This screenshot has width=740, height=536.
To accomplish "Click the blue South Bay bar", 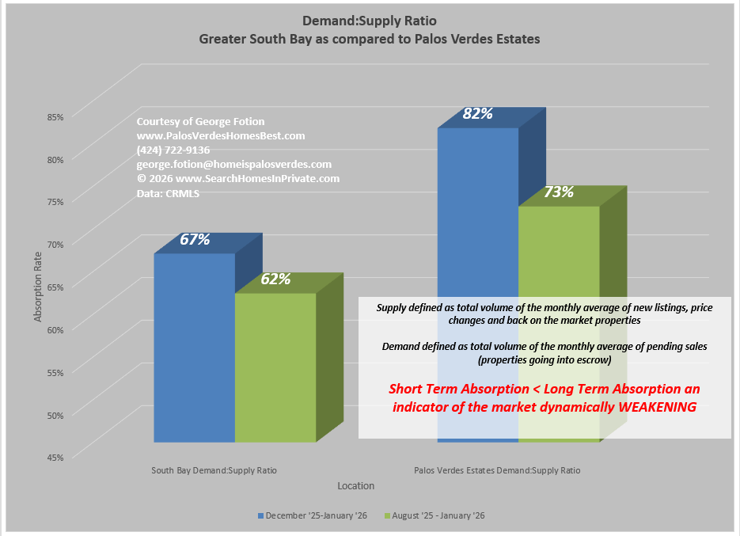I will (x=194, y=348).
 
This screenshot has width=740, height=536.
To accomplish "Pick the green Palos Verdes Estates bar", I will (x=558, y=253).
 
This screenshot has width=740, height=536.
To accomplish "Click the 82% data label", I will (x=477, y=114).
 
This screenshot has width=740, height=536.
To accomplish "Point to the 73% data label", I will (x=558, y=192).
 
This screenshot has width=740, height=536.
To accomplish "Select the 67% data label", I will (x=195, y=239).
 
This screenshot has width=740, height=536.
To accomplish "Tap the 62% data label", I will (x=275, y=279).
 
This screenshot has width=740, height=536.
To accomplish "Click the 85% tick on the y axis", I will (x=55, y=117).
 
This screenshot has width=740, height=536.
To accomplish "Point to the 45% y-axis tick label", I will (x=55, y=456).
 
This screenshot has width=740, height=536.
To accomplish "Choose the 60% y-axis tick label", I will (x=55, y=329).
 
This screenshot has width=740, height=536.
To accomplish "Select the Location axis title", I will (x=355, y=485).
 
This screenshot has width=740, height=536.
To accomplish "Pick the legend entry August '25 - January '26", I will (x=438, y=515).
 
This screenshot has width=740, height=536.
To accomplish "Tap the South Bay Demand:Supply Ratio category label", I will (x=214, y=470).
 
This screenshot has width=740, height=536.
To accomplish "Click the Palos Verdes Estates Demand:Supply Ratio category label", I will (x=497, y=470).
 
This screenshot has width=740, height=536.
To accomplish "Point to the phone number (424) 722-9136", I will (x=173, y=150).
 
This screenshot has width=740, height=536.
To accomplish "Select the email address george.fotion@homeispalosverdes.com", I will (x=233, y=164).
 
